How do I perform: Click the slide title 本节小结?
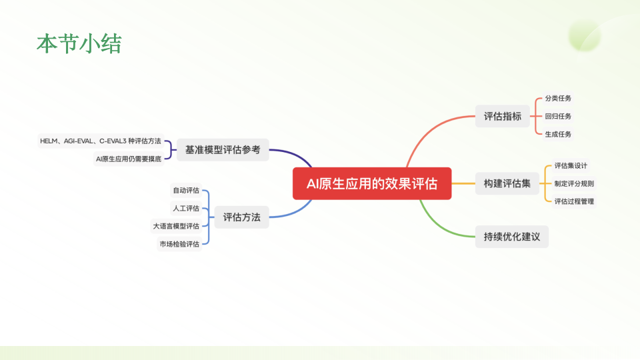(79, 44)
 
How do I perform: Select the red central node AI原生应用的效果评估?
(372, 183)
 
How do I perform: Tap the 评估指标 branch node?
(503, 116)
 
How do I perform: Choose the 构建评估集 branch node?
(507, 183)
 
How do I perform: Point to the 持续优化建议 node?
(511, 237)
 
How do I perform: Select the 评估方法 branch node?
(241, 217)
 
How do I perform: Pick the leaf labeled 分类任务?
(558, 98)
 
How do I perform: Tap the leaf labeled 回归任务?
(558, 116)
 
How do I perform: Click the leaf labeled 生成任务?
(558, 134)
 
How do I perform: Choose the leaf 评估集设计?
(571, 165)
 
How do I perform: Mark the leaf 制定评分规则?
(574, 183)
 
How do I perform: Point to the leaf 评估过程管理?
(574, 201)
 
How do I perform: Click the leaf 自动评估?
(186, 190)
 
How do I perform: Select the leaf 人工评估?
(186, 208)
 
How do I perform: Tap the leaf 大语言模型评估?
(176, 226)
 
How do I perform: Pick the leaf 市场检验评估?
(179, 244)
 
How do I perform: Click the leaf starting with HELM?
(101, 141)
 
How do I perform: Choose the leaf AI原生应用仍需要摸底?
(129, 159)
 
